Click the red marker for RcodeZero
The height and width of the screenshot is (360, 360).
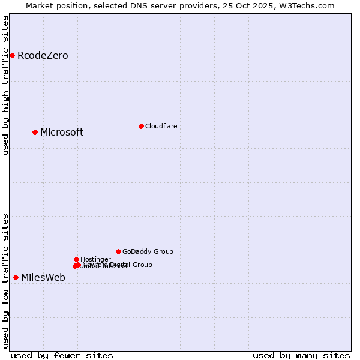pos(12,56)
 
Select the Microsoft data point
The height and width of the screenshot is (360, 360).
pos(35,132)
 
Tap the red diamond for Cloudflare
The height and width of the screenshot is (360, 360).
pos(141,126)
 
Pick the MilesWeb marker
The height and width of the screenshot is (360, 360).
pos(16,277)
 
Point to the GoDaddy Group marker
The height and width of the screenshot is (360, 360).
pos(118,251)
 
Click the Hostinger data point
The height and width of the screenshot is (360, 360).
pos(76,259)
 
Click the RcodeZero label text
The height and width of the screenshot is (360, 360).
pos(43,56)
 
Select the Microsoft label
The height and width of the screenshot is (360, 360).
pos(62,133)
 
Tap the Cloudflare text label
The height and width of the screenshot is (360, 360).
pos(161,126)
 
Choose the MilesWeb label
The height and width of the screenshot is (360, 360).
pos(43,277)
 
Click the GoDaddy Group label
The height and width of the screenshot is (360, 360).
pos(148,252)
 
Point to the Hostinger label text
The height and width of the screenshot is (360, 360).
pos(95,259)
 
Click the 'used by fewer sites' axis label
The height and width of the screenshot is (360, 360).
pos(62,355)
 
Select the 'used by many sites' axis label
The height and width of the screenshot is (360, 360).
pos(301,355)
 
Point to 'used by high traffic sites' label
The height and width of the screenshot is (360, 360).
pos(5,85)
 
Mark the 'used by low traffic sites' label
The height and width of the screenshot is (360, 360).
pos(5,281)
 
